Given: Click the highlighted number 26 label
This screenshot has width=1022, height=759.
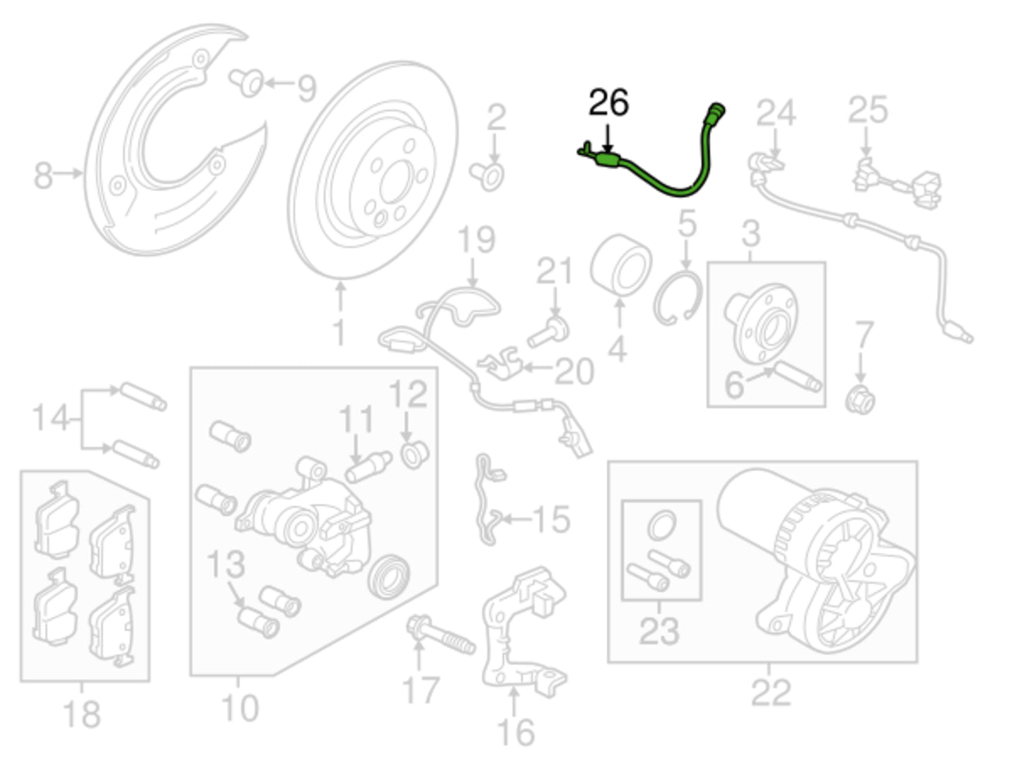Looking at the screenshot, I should [608, 103].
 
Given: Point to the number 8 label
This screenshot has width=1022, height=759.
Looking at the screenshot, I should [43, 174].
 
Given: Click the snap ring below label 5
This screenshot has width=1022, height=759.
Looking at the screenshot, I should [678, 300].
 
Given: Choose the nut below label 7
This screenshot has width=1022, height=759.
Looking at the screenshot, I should [861, 400].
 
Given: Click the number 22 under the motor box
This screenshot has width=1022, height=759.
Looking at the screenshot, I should [770, 693].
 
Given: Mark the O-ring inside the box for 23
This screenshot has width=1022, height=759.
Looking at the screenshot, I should [661, 526].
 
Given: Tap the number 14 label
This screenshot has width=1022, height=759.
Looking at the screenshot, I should [51, 417].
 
